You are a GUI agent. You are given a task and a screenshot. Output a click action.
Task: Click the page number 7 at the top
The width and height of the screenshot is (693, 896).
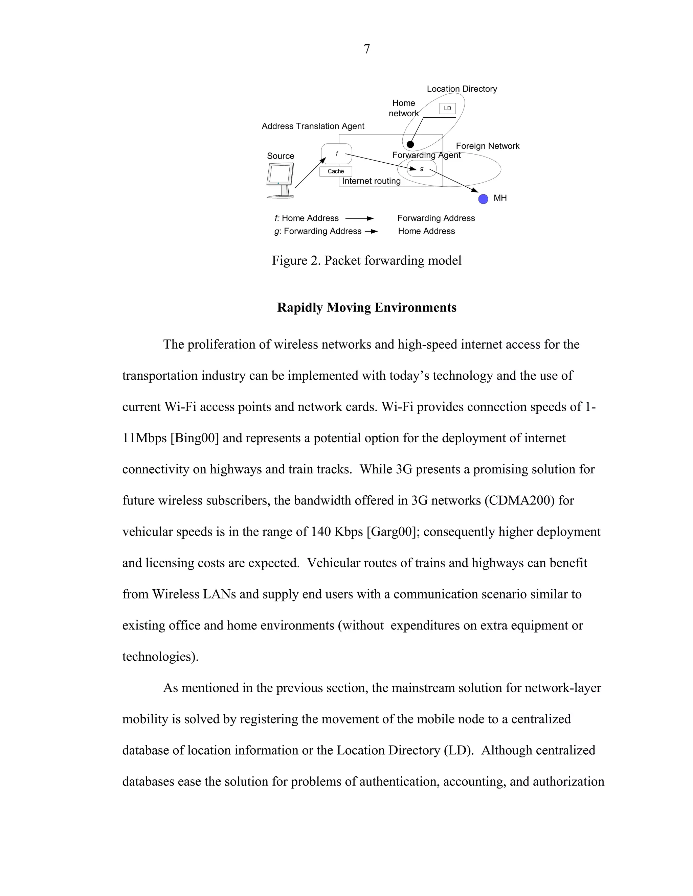(366, 49)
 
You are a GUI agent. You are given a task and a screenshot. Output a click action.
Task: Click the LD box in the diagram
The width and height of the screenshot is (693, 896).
(447, 108)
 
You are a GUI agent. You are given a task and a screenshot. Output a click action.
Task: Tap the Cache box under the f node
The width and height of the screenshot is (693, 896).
(335, 171)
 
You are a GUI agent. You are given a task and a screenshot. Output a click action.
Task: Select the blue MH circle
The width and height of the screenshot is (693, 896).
(483, 199)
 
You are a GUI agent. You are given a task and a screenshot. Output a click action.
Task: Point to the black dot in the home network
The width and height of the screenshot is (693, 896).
(410, 144)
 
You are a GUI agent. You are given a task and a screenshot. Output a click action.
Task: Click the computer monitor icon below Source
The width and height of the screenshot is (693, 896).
(281, 181)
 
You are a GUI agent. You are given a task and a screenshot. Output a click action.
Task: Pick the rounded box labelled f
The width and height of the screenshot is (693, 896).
(337, 154)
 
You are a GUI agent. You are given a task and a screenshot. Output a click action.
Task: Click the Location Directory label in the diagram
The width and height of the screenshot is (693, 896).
(462, 89)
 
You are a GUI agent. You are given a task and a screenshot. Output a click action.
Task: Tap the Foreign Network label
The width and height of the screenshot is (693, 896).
(487, 146)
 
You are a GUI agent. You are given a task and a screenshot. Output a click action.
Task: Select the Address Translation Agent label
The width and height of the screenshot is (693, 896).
(313, 126)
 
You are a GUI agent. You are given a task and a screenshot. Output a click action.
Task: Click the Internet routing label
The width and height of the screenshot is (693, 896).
(371, 181)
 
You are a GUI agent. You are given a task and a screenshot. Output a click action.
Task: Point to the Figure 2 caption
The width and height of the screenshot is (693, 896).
(366, 260)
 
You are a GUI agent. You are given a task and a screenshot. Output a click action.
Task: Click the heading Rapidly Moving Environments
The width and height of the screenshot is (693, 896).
(366, 308)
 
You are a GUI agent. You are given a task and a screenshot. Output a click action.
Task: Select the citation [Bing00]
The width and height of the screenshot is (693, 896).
(194, 438)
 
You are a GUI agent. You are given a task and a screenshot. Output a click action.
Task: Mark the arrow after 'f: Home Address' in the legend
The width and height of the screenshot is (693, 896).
(359, 219)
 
